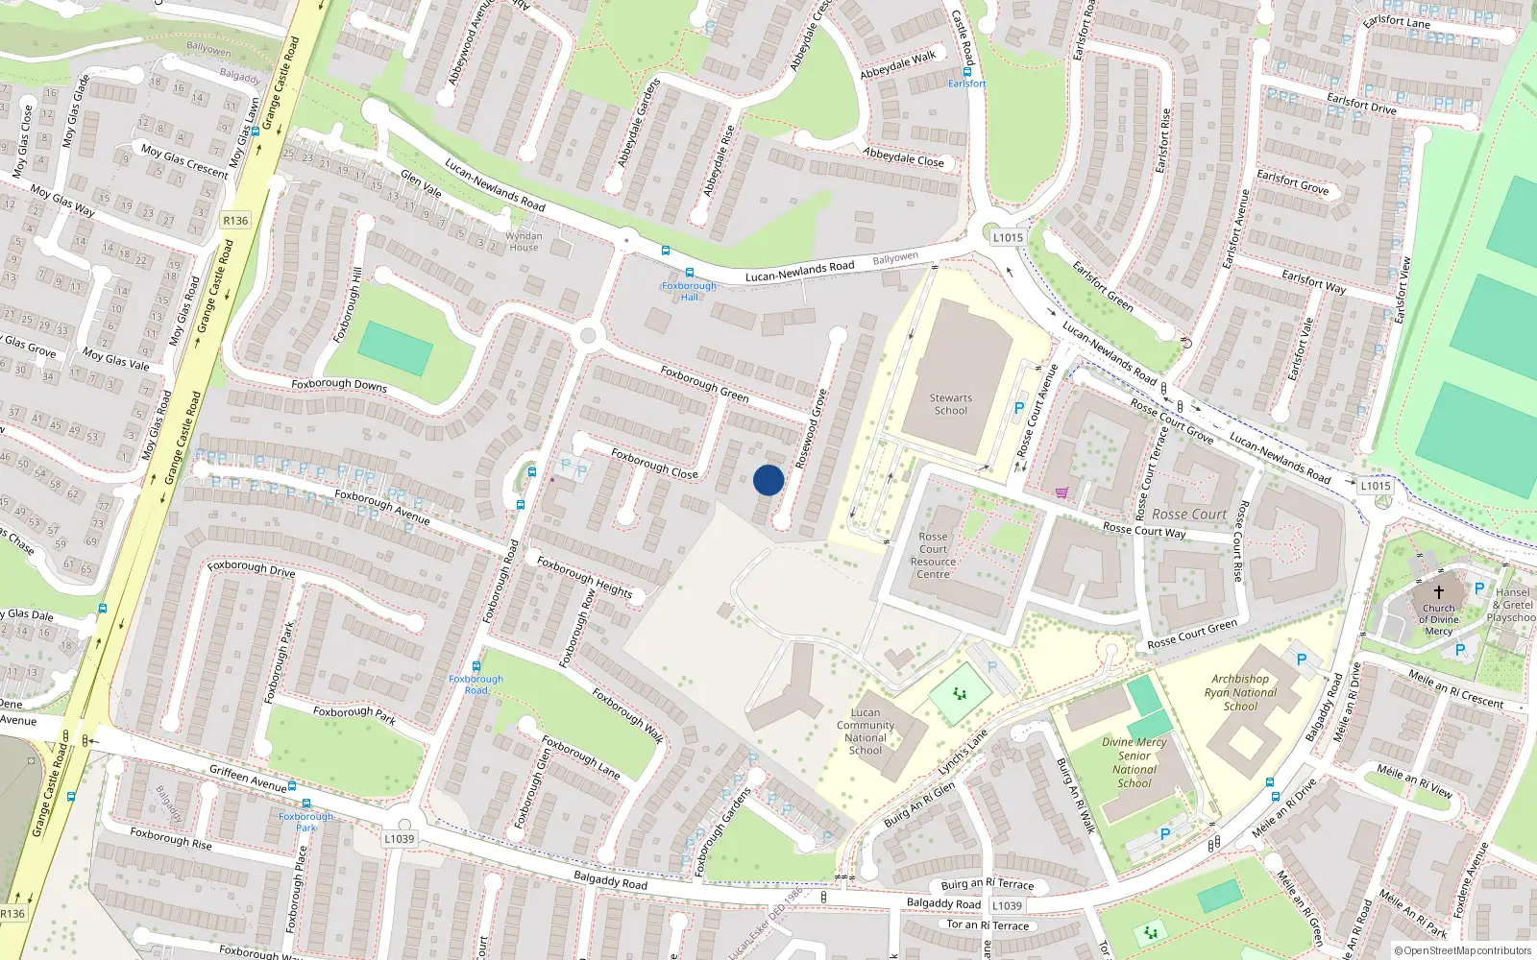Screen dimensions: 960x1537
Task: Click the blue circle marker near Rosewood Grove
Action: (x=768, y=480)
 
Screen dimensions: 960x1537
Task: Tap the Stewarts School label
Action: (x=950, y=404)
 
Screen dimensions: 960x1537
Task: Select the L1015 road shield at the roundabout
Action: (x=1008, y=237)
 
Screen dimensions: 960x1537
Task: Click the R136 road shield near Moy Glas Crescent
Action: (x=235, y=220)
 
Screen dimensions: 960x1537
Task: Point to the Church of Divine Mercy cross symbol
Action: (x=1438, y=592)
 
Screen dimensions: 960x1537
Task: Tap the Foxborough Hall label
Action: (x=689, y=292)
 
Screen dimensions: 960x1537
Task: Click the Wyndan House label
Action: (x=524, y=242)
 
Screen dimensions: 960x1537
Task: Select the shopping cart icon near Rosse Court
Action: (x=1061, y=492)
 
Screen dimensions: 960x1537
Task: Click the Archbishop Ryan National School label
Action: (x=1240, y=692)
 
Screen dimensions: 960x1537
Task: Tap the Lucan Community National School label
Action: (x=865, y=732)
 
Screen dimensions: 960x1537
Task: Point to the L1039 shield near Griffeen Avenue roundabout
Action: (x=400, y=838)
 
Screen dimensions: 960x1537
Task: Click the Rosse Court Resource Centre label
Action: (x=933, y=556)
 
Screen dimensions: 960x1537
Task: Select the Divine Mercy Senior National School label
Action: (x=1134, y=762)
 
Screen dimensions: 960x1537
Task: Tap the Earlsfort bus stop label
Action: (x=966, y=84)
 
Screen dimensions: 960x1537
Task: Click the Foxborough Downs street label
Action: (x=339, y=384)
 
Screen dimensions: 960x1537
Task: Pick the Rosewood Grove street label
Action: (x=811, y=428)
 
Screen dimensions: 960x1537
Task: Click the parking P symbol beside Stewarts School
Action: (x=1019, y=408)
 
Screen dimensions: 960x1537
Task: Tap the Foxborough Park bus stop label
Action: (x=306, y=822)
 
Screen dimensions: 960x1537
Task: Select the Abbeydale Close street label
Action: (x=903, y=157)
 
